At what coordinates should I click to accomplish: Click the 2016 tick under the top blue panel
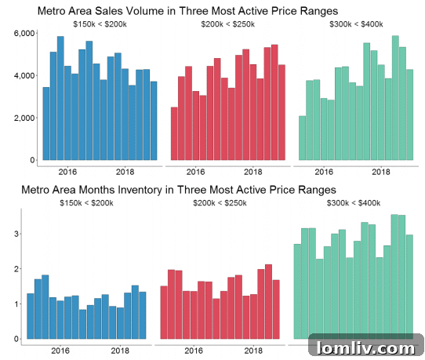67,172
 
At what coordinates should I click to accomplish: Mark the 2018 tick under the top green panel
381,172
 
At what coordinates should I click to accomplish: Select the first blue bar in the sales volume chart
46,124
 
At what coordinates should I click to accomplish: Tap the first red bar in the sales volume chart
174,134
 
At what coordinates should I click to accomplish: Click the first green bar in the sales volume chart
303,139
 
